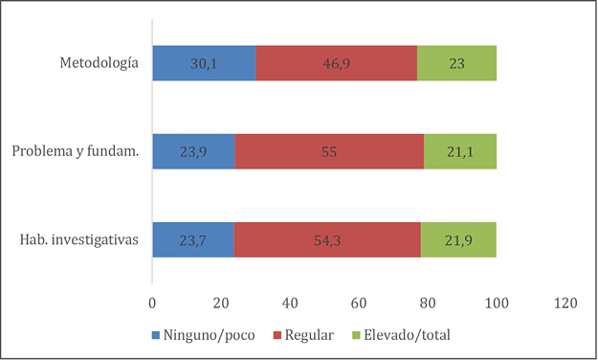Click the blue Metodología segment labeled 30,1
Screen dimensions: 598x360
pyautogui.click(x=204, y=63)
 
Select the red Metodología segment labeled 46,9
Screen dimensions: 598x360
pyautogui.click(x=337, y=63)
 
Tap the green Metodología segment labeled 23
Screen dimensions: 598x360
pyautogui.click(x=457, y=63)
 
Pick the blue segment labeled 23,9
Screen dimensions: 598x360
pyautogui.click(x=193, y=151)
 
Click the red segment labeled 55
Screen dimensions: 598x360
pyautogui.click(x=329, y=151)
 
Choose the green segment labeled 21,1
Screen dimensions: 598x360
pyautogui.click(x=460, y=151)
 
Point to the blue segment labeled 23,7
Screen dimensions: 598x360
pyautogui.click(x=193, y=239)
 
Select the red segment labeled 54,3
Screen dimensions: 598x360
pyautogui.click(x=327, y=239)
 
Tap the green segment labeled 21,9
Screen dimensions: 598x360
pyautogui.click(x=458, y=239)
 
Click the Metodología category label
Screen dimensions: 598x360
pyautogui.click(x=100, y=63)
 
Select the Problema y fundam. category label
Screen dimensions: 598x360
pyautogui.click(x=76, y=151)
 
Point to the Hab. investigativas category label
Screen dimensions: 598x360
pyautogui.click(x=79, y=239)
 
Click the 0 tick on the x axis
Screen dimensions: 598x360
pyautogui.click(x=152, y=304)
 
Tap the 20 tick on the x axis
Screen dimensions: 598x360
pyautogui.click(x=221, y=304)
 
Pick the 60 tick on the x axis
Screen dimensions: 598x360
pyautogui.click(x=359, y=304)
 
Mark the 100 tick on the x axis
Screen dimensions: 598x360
pyautogui.click(x=497, y=304)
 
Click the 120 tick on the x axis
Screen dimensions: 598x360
pyautogui.click(x=565, y=304)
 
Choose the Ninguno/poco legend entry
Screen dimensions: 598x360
pyautogui.click(x=203, y=335)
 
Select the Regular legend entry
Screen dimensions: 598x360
pyautogui.click(x=303, y=335)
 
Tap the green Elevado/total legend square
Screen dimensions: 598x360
pyautogui.click(x=356, y=335)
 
